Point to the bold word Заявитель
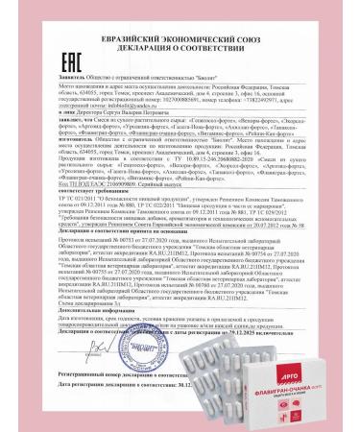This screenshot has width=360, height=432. coord(74,69)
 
